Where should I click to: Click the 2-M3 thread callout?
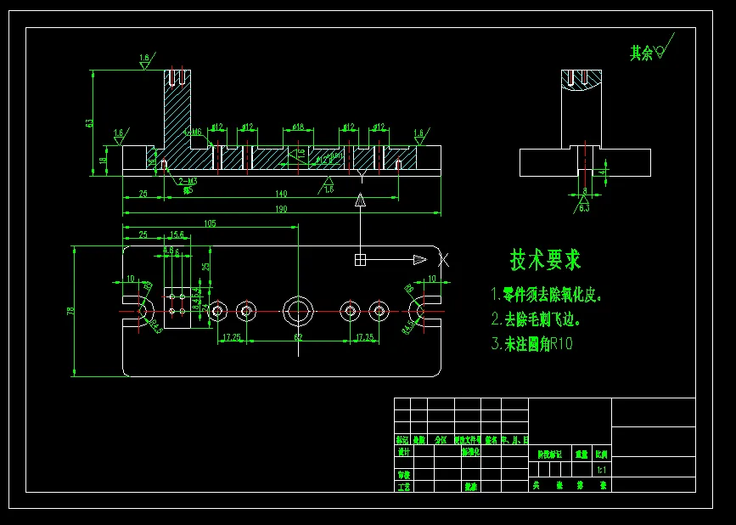pos(188,181)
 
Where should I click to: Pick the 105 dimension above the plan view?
pos(210,223)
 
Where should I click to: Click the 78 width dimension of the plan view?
pos(70,311)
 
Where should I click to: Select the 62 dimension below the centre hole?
pos(298,338)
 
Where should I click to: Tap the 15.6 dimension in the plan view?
pos(177,234)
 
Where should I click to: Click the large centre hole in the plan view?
pos(298,311)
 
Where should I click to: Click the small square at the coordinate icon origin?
pos(360,259)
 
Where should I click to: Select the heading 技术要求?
pos(545,259)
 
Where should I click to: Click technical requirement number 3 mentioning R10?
pos(532,344)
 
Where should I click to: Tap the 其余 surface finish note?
pos(642,53)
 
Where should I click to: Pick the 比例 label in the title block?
pos(601,454)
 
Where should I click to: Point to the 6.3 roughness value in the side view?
pos(584,207)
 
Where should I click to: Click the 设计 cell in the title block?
pos(402,453)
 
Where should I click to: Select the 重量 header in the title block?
pos(581,454)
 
